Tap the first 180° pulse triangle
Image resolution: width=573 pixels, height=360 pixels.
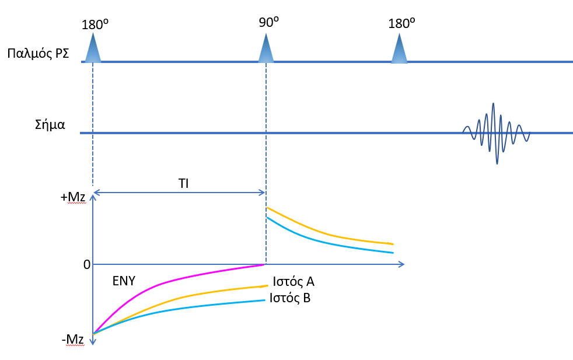pos(93,49)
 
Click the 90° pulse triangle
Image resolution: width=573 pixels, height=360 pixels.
pos(266,49)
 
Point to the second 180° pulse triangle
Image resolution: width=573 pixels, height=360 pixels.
pos(399,49)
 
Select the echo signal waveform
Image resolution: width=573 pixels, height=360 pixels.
pos(495,133)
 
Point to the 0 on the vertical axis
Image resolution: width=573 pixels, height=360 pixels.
pos(86,264)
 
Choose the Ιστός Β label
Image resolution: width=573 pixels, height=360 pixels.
pos(289,299)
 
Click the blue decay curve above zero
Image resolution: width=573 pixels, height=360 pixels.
pos(327,241)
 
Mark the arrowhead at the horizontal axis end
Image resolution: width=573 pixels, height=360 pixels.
pos(401,265)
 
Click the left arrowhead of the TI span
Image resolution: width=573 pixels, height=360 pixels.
pos(97,192)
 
